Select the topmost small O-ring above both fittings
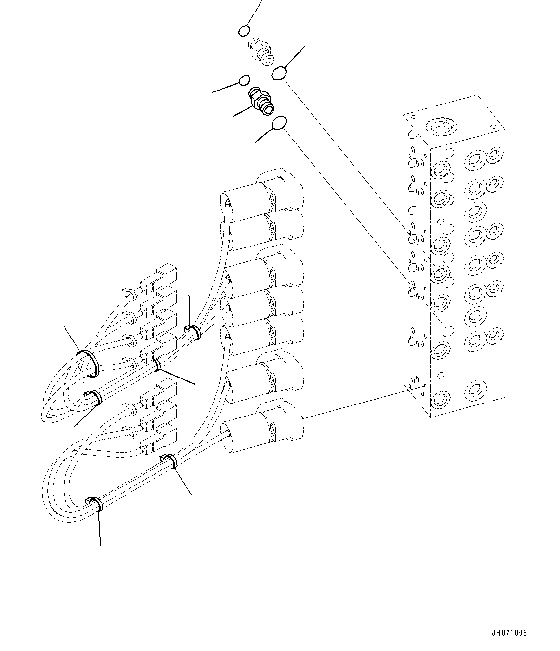pos(244,31)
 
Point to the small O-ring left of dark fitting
pos(245,80)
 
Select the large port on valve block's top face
pos(440,128)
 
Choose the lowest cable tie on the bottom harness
pos(96,504)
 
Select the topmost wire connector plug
pos(164,272)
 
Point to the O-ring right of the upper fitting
pos(280,73)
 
